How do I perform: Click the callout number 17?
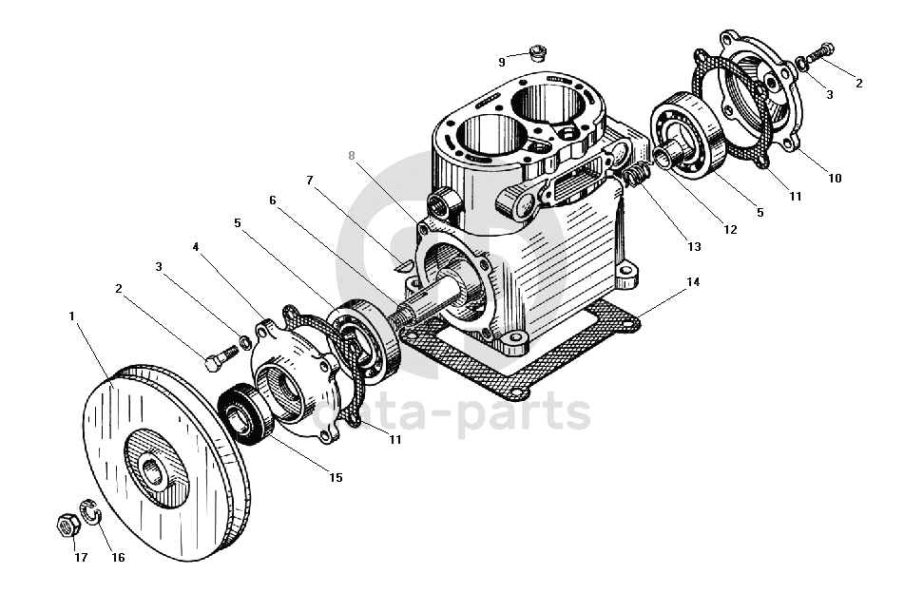(81, 557)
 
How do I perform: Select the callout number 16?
(118, 557)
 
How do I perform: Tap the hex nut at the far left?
(68, 524)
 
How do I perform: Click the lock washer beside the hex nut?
(90, 511)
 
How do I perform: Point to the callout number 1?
(72, 316)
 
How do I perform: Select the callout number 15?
(336, 477)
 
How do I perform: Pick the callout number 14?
(693, 282)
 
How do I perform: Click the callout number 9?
(502, 62)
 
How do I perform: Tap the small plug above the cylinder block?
(538, 52)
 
